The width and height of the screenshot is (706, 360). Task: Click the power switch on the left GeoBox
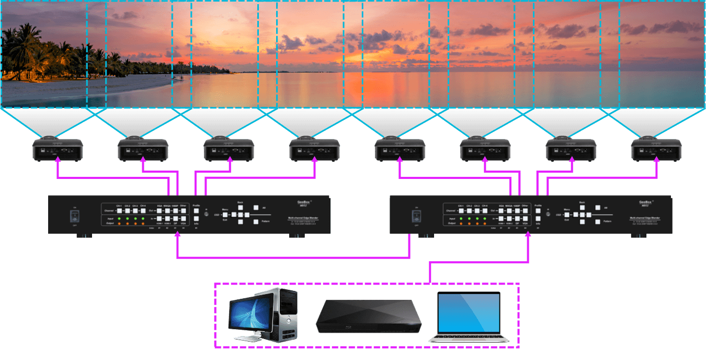[x=74, y=216]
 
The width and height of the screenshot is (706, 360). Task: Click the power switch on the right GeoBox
[x=416, y=216]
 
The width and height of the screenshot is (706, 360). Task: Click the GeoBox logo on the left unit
[x=302, y=201]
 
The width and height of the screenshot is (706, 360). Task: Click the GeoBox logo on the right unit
[x=644, y=201]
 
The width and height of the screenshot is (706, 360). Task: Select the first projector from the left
[x=58, y=150]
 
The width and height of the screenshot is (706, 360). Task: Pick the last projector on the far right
[x=656, y=150]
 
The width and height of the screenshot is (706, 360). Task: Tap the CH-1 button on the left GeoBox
[x=119, y=210]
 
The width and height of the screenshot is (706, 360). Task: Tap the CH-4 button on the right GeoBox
[x=485, y=210]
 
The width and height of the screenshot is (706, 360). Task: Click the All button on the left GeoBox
[x=256, y=208]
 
